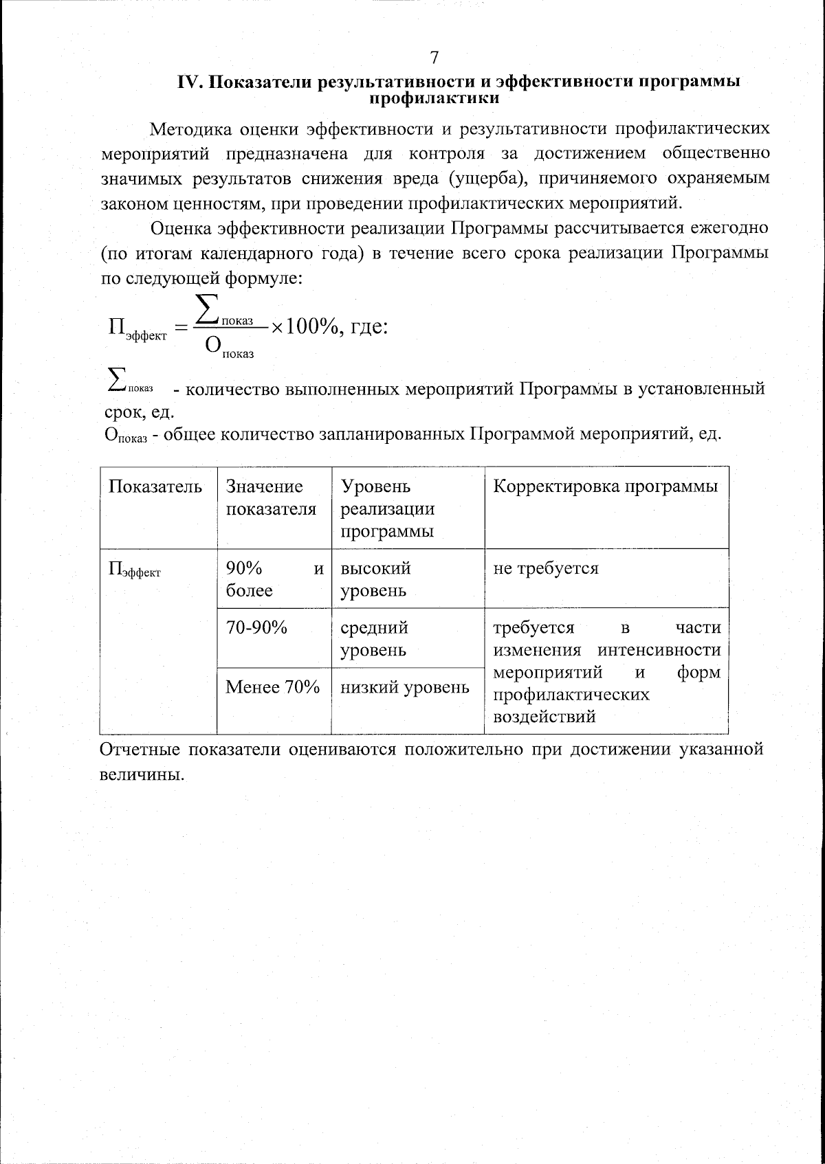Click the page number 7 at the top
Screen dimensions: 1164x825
(433, 57)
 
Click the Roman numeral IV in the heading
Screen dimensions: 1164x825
(188, 82)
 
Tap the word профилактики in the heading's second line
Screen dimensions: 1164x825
(434, 98)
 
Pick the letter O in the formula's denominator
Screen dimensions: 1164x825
(214, 347)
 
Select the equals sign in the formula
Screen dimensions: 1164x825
(181, 328)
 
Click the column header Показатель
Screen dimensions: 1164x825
(155, 486)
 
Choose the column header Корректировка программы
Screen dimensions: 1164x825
(606, 486)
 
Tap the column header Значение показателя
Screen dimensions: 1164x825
(271, 497)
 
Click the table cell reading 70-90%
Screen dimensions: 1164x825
(256, 627)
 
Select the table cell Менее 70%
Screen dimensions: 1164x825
(273, 686)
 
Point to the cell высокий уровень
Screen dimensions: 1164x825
(375, 579)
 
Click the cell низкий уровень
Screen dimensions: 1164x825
(406, 686)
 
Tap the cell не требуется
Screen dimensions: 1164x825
(546, 568)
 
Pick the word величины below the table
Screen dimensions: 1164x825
(142, 774)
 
